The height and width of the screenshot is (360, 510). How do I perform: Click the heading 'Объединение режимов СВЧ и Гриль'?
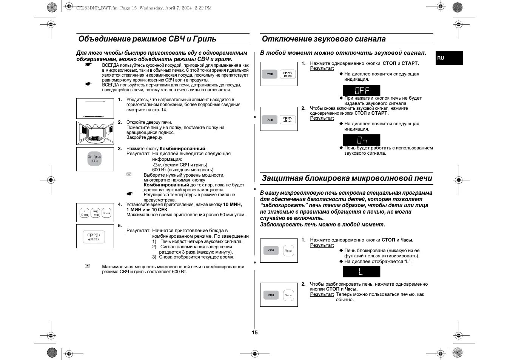point(147,39)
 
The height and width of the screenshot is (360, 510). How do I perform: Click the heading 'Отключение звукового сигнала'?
point(324,39)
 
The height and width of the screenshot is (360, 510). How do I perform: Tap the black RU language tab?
point(449,58)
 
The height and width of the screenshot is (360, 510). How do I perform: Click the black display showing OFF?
point(361,91)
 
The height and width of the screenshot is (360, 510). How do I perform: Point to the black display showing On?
point(361,140)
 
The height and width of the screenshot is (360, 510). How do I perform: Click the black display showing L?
point(361,272)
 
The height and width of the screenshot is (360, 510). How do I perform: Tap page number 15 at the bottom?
point(255,332)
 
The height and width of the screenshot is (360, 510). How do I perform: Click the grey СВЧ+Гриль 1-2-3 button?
point(95,159)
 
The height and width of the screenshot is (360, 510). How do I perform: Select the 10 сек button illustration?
point(106,213)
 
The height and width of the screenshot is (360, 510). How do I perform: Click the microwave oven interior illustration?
point(95,133)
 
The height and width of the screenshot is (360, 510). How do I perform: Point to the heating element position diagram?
point(95,109)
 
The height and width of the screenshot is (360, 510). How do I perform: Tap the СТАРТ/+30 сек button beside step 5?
point(94,237)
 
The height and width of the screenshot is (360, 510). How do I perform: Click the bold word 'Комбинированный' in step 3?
point(183,149)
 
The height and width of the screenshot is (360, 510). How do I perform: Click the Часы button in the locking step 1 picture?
point(288,251)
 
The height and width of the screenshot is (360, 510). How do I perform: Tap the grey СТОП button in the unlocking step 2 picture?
point(271,295)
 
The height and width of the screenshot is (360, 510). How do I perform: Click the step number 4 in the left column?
point(120,205)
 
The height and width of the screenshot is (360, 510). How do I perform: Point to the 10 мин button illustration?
point(84,213)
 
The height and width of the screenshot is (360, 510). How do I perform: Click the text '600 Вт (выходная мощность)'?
point(183,170)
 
